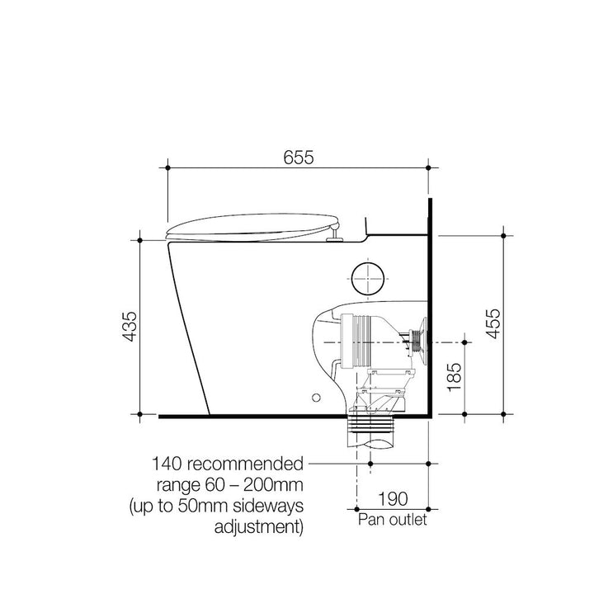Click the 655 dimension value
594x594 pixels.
pyautogui.click(x=299, y=158)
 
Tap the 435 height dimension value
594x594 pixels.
pyautogui.click(x=130, y=327)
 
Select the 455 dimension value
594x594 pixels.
pyautogui.click(x=493, y=323)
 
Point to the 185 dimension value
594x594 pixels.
pyautogui.click(x=455, y=377)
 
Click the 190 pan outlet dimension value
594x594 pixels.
pyautogui.click(x=393, y=499)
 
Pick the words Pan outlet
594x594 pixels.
pyautogui.click(x=393, y=520)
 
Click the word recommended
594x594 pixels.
pyautogui.click(x=246, y=464)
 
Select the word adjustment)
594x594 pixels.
pyautogui.click(x=259, y=527)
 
